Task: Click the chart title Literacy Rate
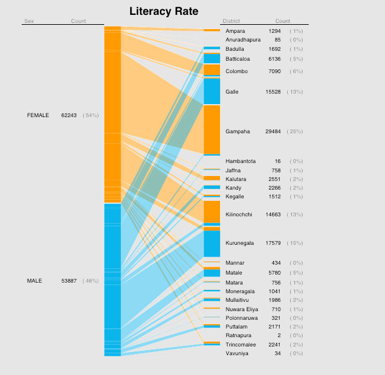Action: [x=164, y=12]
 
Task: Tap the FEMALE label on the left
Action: [x=38, y=115]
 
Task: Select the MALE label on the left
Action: [x=35, y=281]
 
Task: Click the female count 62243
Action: [x=69, y=115]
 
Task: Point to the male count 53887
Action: [x=69, y=281]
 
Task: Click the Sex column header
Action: [x=29, y=21]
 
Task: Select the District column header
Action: [x=231, y=21]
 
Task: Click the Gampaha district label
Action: [x=238, y=131]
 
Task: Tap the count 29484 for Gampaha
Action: [x=273, y=131]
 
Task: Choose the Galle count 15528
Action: [x=273, y=92]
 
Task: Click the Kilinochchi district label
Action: [x=239, y=214]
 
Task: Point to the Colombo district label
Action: [x=237, y=71]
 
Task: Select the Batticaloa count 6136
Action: [x=275, y=59]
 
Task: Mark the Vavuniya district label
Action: [x=237, y=353]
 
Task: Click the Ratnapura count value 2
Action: [x=279, y=335]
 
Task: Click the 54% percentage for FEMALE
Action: [x=91, y=115]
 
